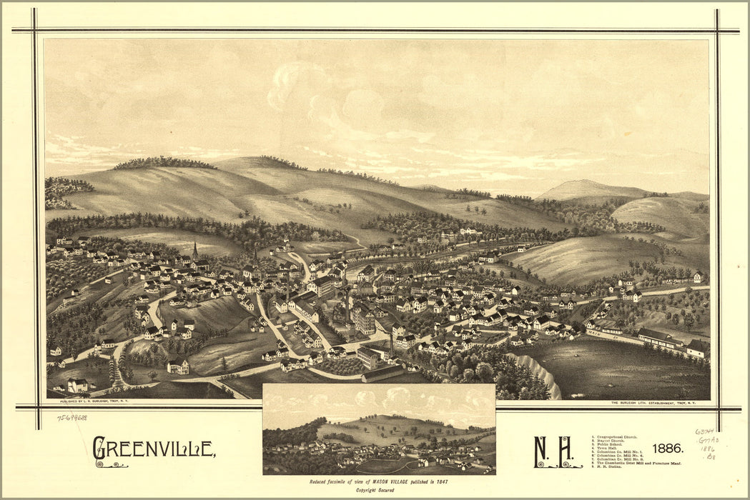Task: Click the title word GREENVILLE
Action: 154,449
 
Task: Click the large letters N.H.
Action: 553,451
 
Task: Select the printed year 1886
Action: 668,449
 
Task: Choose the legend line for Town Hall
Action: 608,449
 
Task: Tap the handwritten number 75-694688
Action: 72,418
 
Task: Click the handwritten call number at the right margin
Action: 707,443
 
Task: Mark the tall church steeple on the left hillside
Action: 195,251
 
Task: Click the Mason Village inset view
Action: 379,430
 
